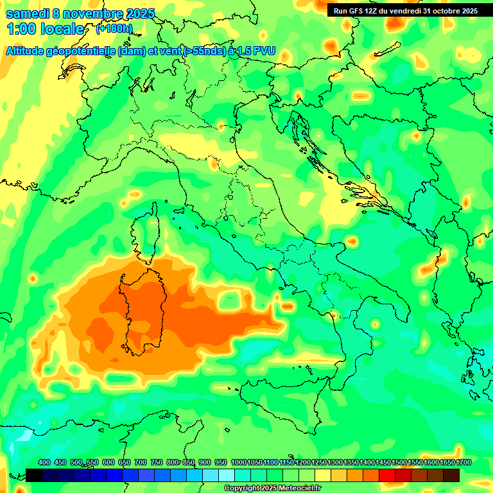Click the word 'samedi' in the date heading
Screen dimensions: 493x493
26,13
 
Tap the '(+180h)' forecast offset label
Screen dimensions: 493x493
114,29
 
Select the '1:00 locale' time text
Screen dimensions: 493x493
45,29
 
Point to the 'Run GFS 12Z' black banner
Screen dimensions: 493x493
406,10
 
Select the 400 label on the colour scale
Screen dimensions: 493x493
44,462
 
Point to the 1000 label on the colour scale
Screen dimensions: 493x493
238,462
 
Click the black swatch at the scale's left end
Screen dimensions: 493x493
34,475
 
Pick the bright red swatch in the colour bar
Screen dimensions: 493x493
387,475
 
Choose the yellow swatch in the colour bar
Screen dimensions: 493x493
323,475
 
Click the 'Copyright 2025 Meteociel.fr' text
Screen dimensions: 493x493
277,488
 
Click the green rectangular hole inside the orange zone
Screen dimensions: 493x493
229,300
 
